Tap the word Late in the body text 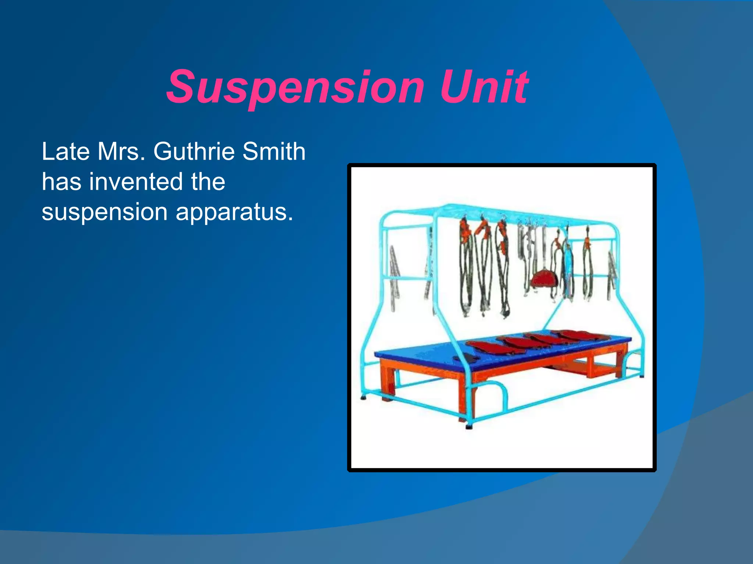[x=66, y=151]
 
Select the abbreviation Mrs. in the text [x=121, y=151]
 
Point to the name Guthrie [x=194, y=151]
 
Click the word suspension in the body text [x=104, y=212]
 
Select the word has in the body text [x=61, y=182]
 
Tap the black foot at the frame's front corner [x=469, y=427]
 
